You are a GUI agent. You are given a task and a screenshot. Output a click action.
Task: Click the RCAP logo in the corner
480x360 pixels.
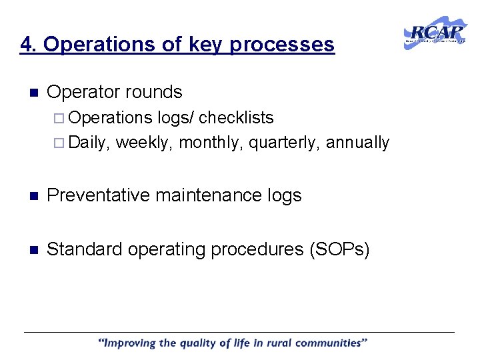click(x=435, y=33)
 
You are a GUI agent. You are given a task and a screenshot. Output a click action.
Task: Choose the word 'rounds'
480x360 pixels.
click(x=158, y=91)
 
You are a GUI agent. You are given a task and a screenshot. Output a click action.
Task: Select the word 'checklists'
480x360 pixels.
click(x=236, y=118)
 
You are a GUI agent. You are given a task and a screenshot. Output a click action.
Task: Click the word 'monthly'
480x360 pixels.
click(x=211, y=143)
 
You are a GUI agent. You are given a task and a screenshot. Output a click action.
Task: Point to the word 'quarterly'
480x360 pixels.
click(x=284, y=143)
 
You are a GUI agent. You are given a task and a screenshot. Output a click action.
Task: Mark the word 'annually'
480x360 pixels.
click(x=357, y=143)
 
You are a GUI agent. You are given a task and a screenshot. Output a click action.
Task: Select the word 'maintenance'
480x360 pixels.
click(x=216, y=195)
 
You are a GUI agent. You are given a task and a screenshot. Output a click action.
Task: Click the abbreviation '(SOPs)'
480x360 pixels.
click(x=338, y=249)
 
